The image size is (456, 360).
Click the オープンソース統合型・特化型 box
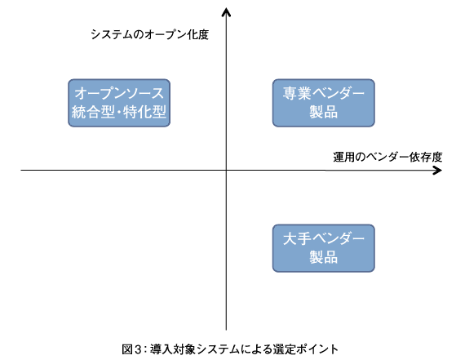(119, 103)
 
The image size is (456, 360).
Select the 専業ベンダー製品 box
(323, 103)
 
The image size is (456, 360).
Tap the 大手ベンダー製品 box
(323, 248)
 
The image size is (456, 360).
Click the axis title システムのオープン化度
(150, 34)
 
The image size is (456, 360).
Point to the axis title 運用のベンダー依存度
(387, 158)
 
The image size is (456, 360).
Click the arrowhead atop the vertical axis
(226, 11)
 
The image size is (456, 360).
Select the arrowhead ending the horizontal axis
(438, 171)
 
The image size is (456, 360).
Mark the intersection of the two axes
(226, 171)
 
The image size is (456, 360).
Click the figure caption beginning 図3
(230, 349)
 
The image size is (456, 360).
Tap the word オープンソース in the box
(119, 93)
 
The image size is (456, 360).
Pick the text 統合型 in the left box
(93, 112)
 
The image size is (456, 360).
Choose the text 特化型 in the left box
(144, 112)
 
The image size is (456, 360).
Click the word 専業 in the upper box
(297, 93)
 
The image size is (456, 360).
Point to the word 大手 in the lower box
(297, 238)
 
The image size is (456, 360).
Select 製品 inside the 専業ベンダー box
(323, 112)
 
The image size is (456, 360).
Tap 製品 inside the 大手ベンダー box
(323, 257)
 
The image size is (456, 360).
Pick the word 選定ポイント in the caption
(306, 349)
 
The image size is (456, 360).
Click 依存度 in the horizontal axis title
(426, 158)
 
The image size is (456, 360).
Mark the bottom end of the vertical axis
(226, 330)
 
